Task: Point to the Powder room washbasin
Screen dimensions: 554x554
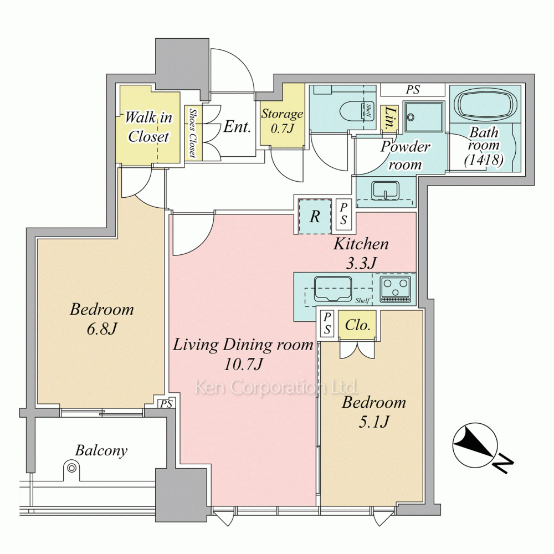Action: [x=385, y=190]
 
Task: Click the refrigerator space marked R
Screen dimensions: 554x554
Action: [x=315, y=216]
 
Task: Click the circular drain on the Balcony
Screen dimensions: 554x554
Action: [x=71, y=468]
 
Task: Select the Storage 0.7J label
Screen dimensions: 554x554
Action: [x=282, y=121]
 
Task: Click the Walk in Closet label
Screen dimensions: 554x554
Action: [x=148, y=126]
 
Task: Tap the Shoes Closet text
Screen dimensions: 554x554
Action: [x=193, y=132]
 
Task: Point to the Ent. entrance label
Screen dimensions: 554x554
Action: [x=237, y=126]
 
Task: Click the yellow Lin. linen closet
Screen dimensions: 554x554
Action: [x=389, y=119]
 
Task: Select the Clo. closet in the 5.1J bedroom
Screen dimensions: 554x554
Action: [x=357, y=325]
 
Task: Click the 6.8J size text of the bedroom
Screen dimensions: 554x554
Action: [x=102, y=329]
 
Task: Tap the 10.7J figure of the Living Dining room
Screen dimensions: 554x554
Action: [x=243, y=364]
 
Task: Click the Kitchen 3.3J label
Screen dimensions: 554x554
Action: [x=361, y=253]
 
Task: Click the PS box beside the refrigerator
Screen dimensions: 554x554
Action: [x=343, y=213]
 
